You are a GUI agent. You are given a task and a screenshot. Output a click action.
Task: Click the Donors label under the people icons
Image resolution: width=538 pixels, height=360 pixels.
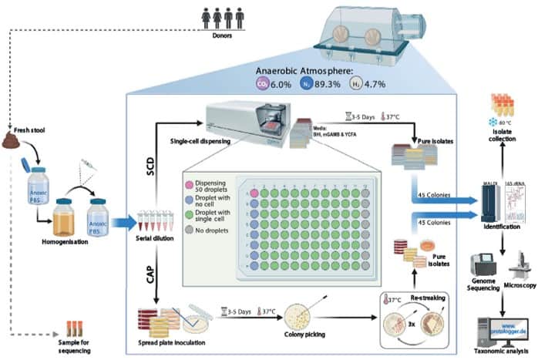point(227,33)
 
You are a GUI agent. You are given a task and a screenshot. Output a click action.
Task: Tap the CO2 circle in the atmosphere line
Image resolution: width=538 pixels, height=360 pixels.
point(264,83)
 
